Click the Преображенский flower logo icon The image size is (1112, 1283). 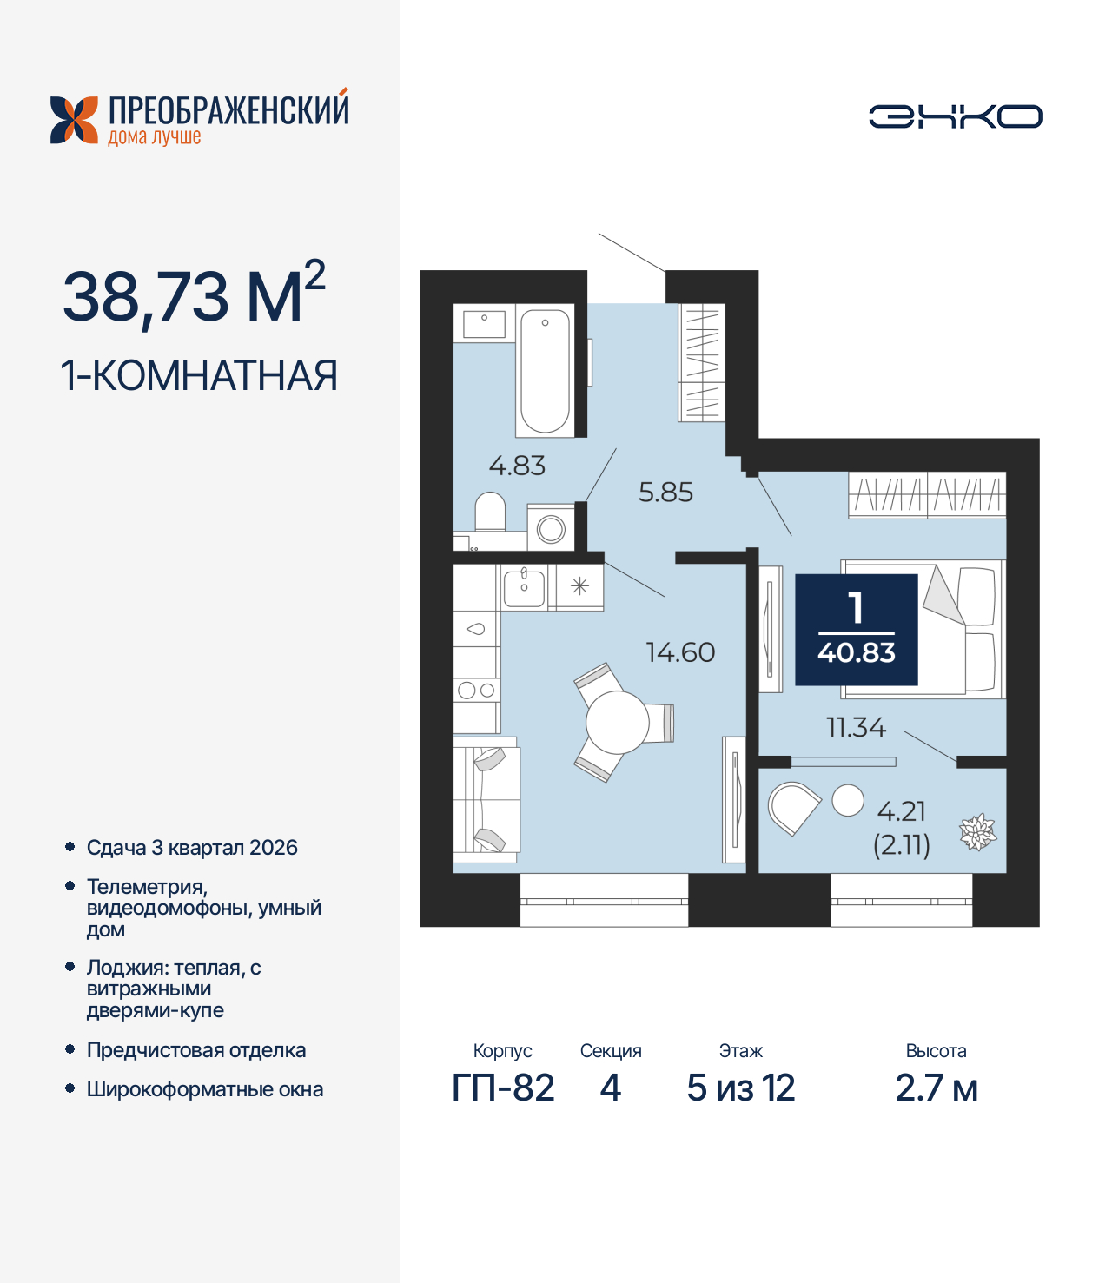74,120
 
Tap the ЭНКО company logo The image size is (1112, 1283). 955,116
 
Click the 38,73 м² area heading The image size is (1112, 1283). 194,295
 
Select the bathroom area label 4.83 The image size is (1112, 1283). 517,466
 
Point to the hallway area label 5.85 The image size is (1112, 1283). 665,493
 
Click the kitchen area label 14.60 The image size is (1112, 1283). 680,652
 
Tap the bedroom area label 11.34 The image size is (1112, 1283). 856,727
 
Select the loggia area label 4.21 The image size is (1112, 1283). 902,811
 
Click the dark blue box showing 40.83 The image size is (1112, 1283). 857,630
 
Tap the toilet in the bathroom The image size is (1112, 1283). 491,512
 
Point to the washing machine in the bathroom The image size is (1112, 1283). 551,528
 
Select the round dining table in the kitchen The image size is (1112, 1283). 618,722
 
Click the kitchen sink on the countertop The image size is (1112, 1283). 525,587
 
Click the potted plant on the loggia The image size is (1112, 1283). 977,832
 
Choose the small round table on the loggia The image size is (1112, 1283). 848,800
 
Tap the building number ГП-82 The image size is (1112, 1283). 503,1088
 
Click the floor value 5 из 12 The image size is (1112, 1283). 740,1088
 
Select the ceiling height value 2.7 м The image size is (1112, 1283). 936,1088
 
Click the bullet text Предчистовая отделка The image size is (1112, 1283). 196,1050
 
